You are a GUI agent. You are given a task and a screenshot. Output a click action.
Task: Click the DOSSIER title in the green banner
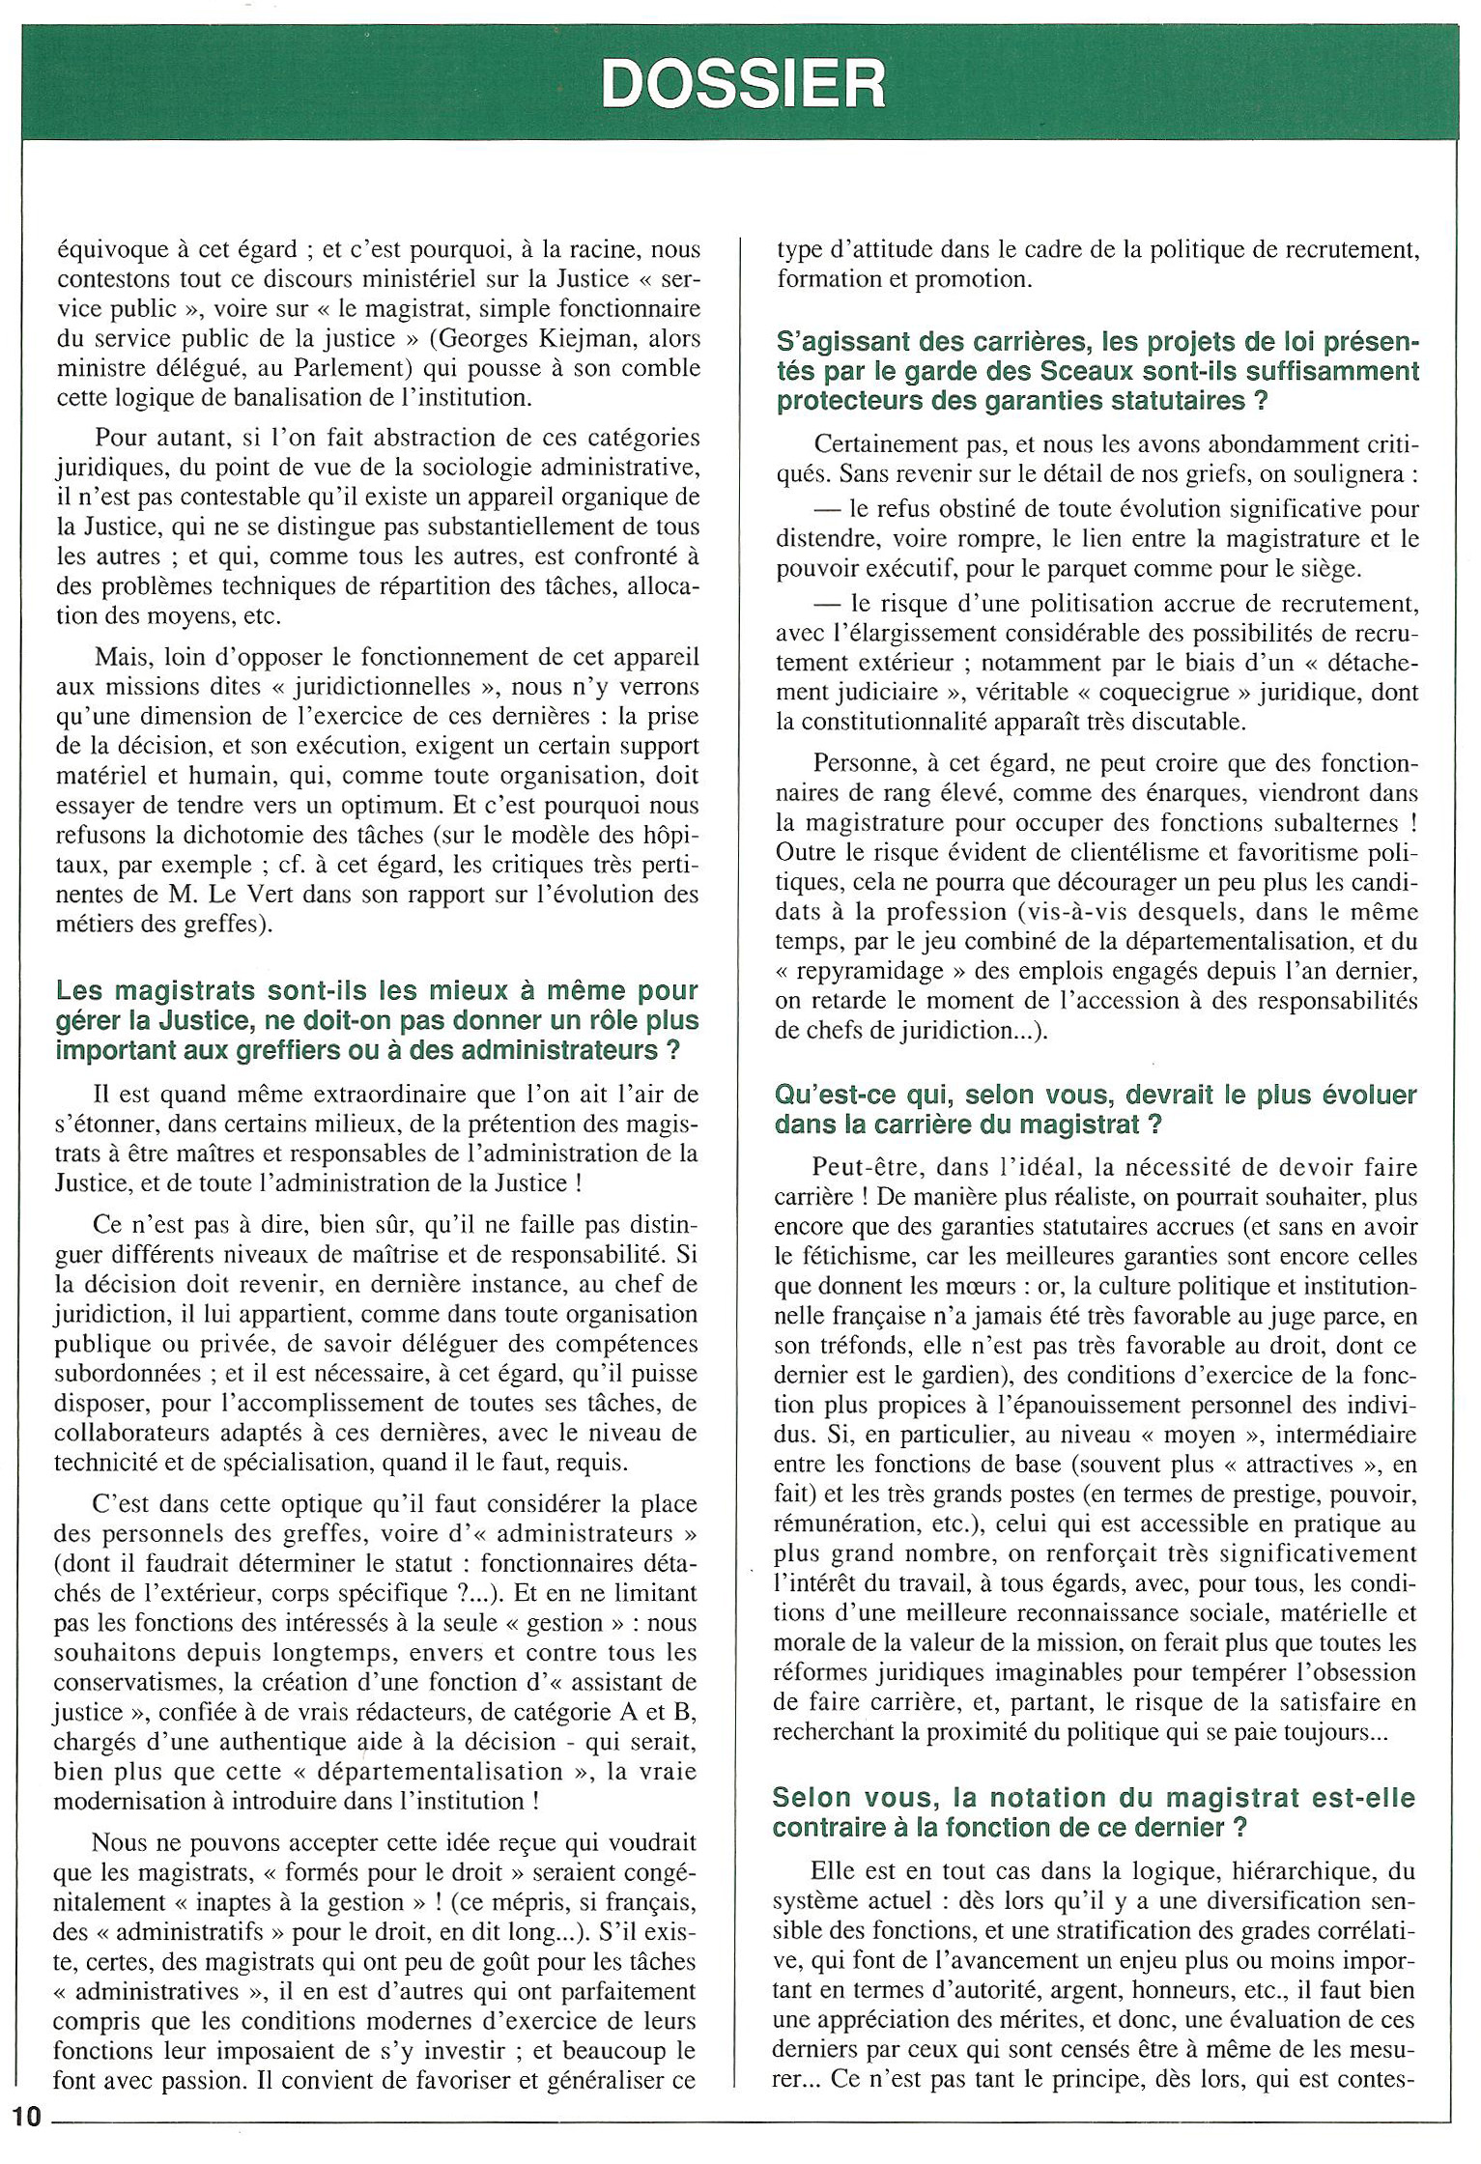[742, 84]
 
